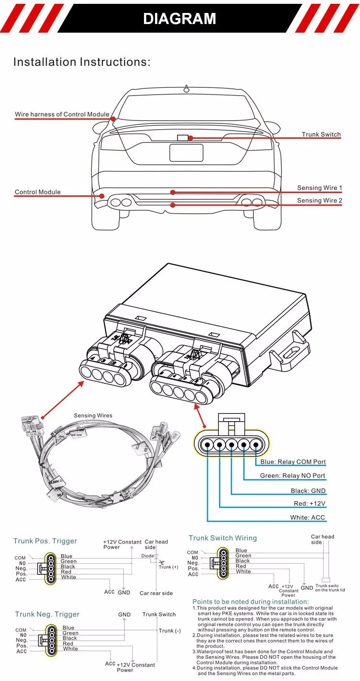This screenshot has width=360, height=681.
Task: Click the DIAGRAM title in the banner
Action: click(180, 18)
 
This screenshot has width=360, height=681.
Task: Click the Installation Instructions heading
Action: click(82, 62)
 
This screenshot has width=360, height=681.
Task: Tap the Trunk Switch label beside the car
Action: click(321, 134)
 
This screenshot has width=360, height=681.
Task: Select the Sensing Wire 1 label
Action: click(319, 188)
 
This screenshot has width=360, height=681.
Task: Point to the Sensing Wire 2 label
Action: click(319, 200)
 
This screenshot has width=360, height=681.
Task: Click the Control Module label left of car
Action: click(37, 192)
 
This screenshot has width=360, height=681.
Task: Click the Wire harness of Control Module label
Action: click(61, 115)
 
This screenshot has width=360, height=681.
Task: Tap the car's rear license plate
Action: click(186, 153)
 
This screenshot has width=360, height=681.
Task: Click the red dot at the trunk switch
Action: click(191, 138)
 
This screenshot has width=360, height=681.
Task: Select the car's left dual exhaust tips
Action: click(120, 202)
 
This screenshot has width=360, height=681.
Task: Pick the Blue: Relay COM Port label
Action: click(293, 462)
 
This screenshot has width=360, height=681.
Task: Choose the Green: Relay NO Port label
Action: click(292, 476)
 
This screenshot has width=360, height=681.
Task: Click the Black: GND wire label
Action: click(308, 491)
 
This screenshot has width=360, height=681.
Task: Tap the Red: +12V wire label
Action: click(310, 504)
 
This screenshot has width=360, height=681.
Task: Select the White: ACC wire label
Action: click(307, 518)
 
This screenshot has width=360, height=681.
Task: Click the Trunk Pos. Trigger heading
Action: click(45, 541)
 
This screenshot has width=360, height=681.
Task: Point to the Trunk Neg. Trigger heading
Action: click(47, 614)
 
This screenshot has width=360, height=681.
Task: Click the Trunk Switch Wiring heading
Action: click(222, 538)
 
